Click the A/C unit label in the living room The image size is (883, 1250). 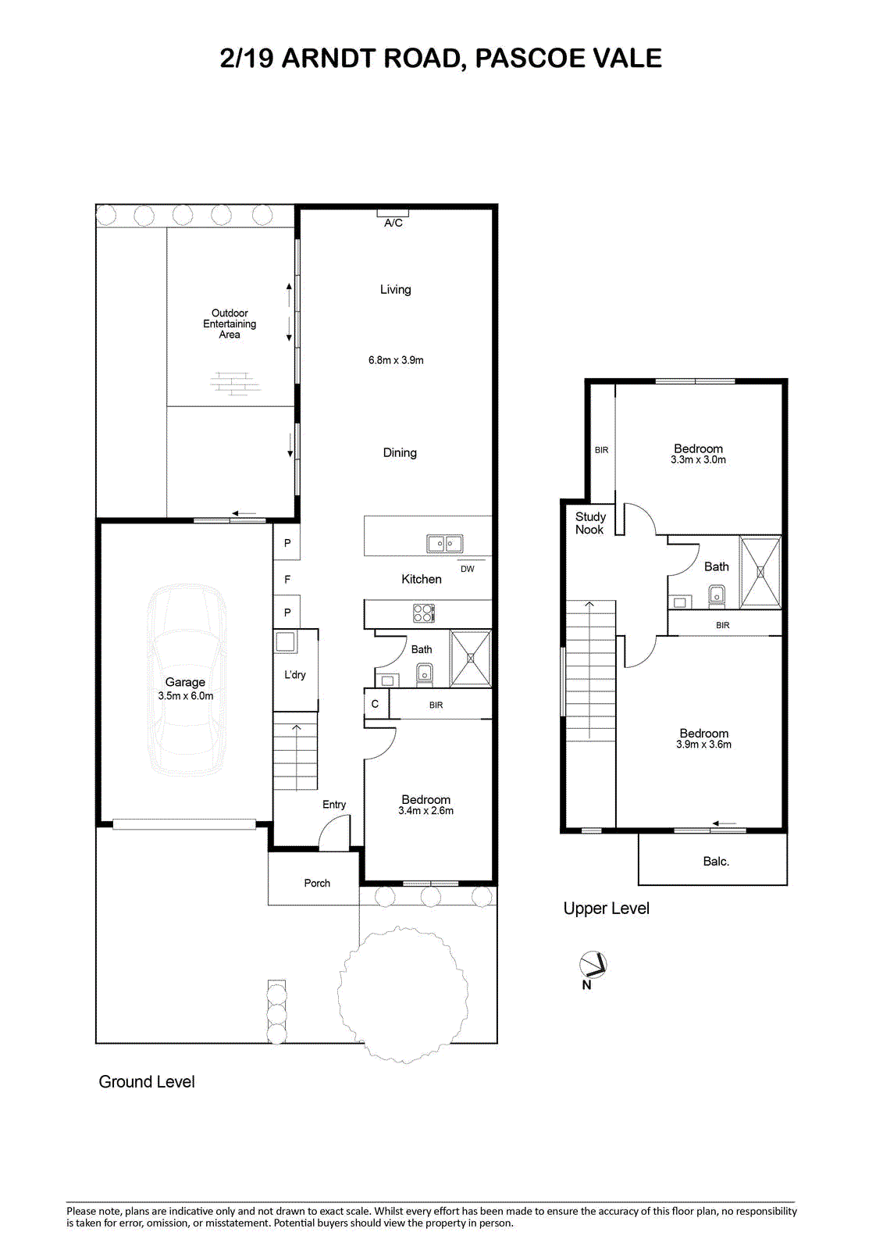[x=393, y=223]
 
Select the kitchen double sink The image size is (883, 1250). [x=444, y=544]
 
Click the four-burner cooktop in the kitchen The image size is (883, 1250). [x=423, y=613]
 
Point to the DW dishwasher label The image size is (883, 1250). [x=468, y=570]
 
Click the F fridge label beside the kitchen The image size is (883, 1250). [x=287, y=580]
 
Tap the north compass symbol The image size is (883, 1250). [x=593, y=965]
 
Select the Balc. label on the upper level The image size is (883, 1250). [x=716, y=862]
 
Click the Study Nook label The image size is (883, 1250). [x=590, y=523]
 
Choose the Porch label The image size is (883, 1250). [x=317, y=884]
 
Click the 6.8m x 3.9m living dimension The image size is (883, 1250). [x=396, y=360]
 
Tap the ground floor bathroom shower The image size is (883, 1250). [x=471, y=659]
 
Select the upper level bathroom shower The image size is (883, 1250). [x=760, y=572]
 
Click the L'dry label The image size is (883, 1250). [x=295, y=675]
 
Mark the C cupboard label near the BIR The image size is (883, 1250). [x=375, y=704]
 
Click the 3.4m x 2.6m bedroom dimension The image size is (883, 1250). [x=425, y=811]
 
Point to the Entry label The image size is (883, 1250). [x=334, y=805]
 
